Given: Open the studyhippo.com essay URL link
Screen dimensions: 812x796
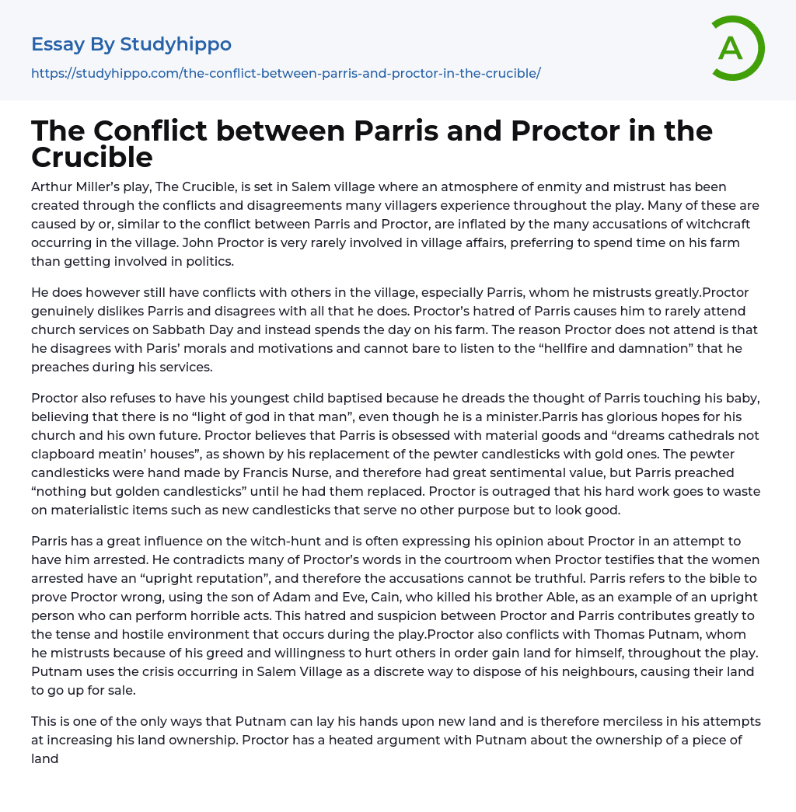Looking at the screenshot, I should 285,73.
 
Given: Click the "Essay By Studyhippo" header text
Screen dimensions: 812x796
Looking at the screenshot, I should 131,44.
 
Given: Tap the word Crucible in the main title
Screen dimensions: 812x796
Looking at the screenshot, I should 92,157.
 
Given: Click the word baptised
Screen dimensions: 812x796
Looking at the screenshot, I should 332,398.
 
